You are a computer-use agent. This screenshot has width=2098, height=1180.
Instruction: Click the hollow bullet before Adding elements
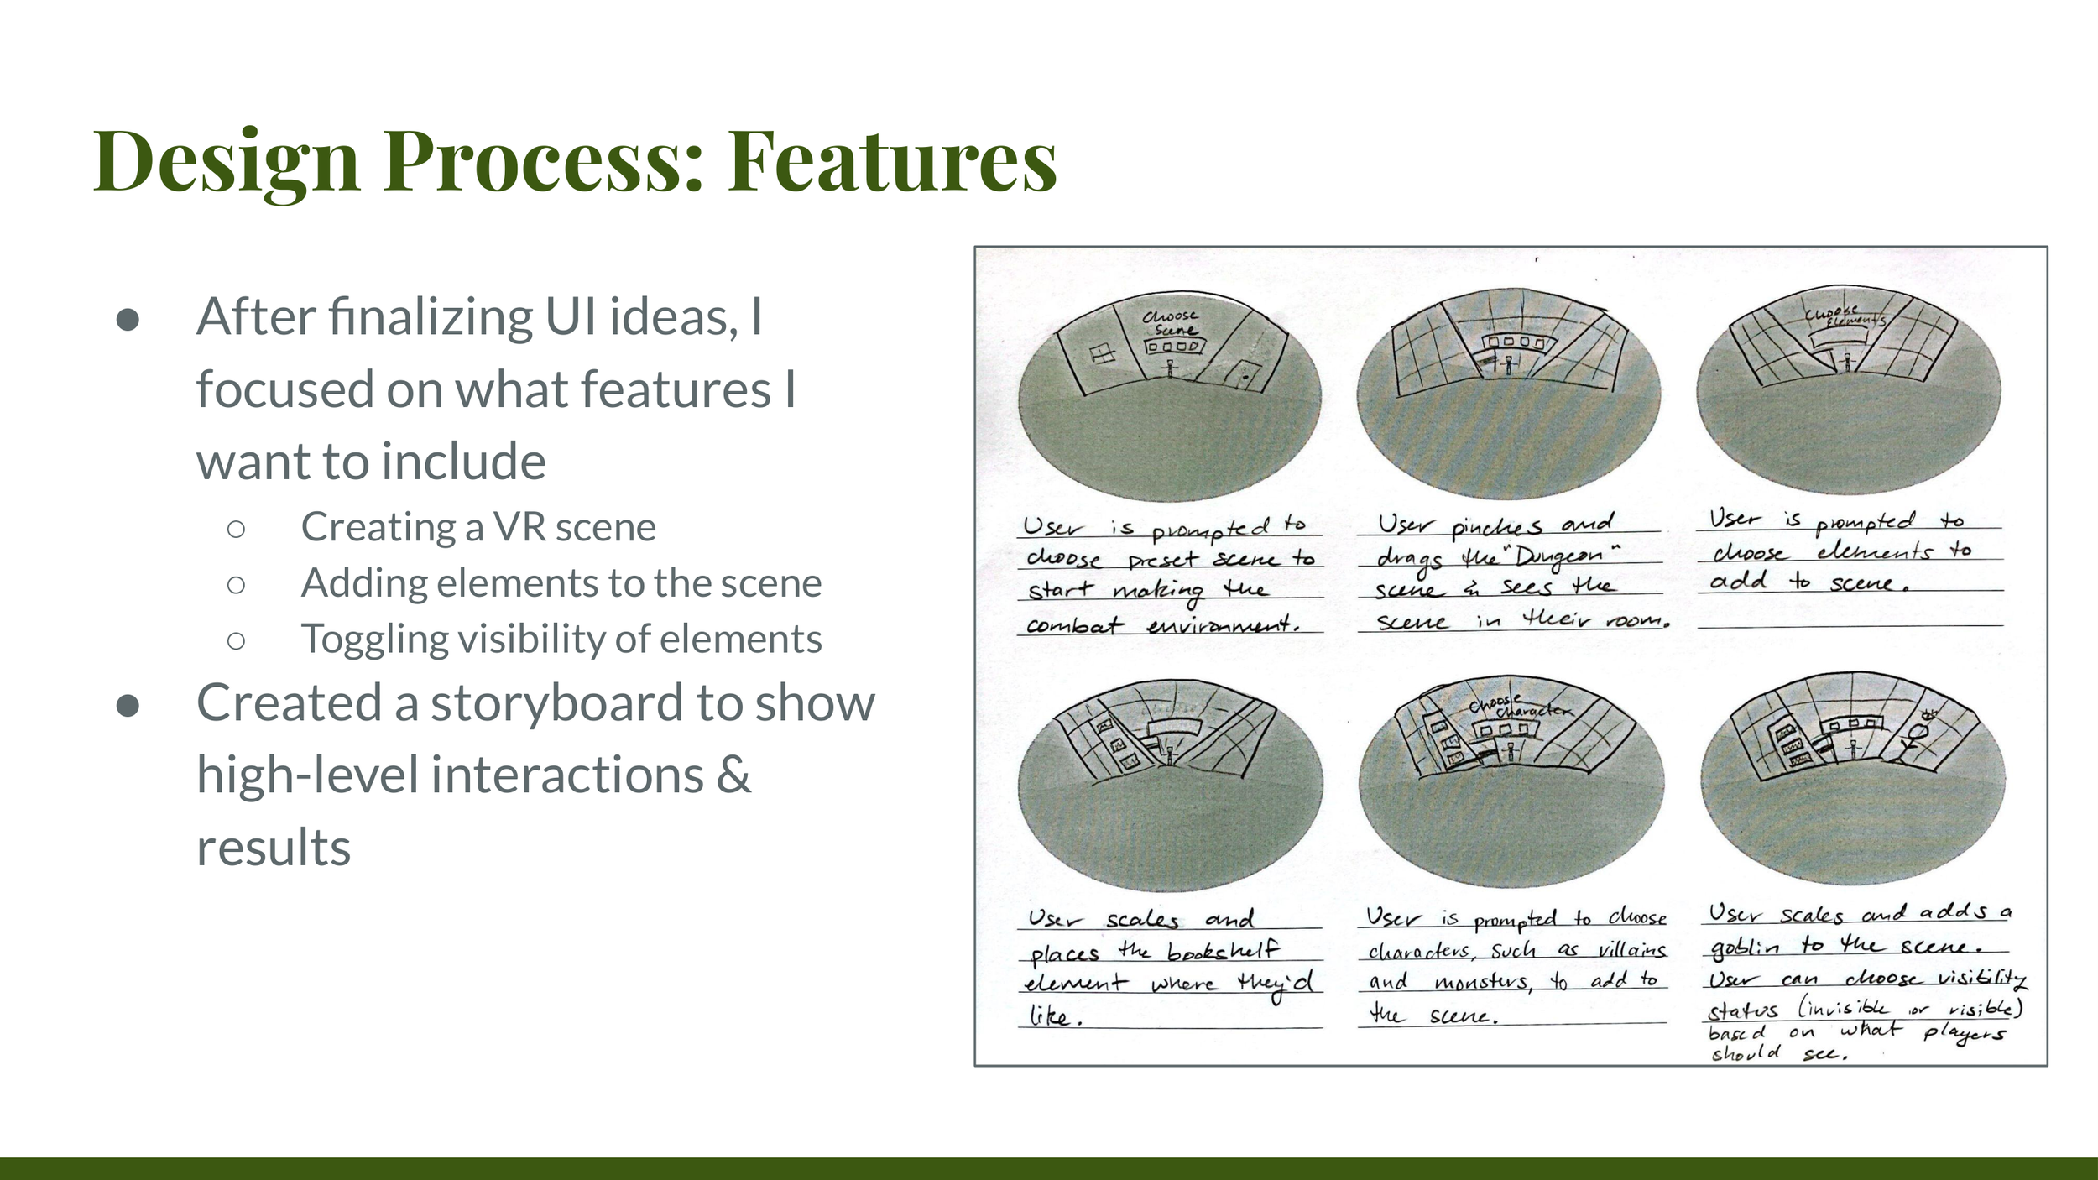point(236,584)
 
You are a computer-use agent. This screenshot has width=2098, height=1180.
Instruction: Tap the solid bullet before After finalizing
point(128,319)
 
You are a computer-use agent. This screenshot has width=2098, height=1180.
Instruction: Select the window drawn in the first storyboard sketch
point(1103,353)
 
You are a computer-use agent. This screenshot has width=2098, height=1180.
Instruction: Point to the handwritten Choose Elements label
point(1845,316)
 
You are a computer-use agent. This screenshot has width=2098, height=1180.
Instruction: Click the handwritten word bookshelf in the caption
point(1223,951)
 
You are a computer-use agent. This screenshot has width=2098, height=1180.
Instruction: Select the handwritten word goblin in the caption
point(1745,947)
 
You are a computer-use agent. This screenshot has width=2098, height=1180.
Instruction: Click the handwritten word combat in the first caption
point(1074,625)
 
